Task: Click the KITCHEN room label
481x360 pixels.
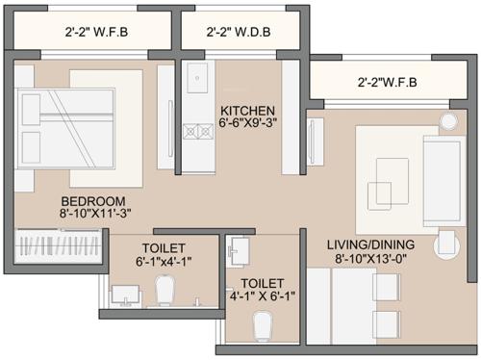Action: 248,111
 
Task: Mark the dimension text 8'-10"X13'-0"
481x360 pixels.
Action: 365,257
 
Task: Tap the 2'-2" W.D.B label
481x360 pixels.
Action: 239,32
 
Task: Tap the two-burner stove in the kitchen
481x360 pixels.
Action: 197,129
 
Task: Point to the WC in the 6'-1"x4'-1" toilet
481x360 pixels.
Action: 165,288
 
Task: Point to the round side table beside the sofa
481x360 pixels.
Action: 450,121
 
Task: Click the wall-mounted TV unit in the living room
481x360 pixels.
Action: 313,164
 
